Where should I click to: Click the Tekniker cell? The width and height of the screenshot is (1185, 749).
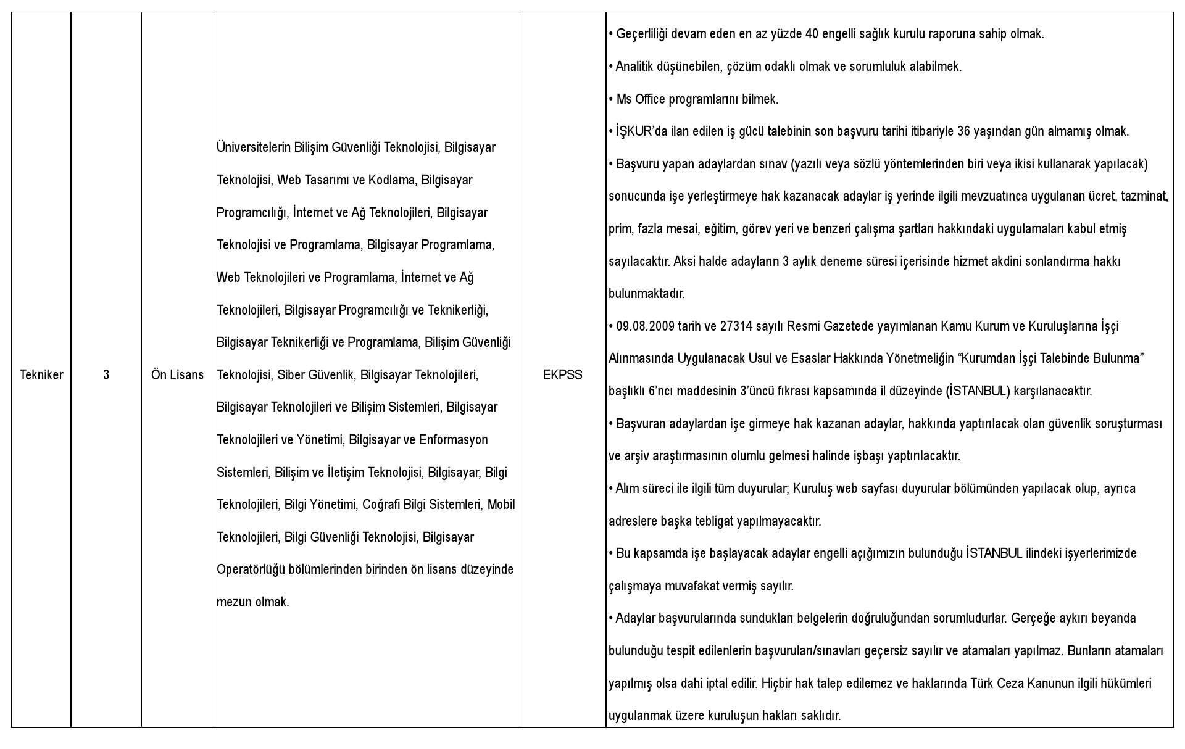point(41,375)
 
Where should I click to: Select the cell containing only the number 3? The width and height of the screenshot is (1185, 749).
point(106,375)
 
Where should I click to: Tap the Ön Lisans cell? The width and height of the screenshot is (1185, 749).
point(177,375)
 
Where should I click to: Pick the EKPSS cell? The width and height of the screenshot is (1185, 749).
point(562,375)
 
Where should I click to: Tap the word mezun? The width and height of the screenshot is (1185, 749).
point(234,602)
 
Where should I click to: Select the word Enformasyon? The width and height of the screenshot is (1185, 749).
point(453,440)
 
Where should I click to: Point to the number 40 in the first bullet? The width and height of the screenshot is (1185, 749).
point(812,34)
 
